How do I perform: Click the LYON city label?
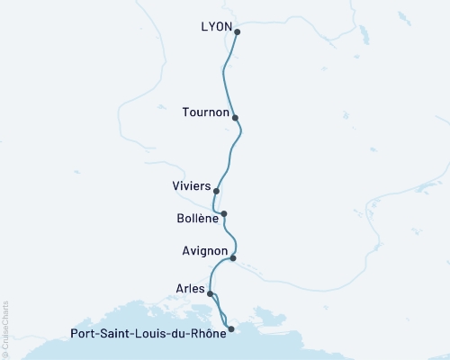click(x=215, y=27)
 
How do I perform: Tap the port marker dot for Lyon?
click(x=237, y=32)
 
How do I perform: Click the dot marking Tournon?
click(x=235, y=117)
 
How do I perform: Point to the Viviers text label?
click(x=191, y=186)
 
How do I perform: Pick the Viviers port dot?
click(x=216, y=191)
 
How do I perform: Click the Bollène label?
click(x=197, y=218)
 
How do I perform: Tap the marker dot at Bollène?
click(x=224, y=214)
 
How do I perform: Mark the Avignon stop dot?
click(x=232, y=258)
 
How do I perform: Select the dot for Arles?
click(x=210, y=293)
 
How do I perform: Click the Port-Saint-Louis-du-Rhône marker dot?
click(x=231, y=329)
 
